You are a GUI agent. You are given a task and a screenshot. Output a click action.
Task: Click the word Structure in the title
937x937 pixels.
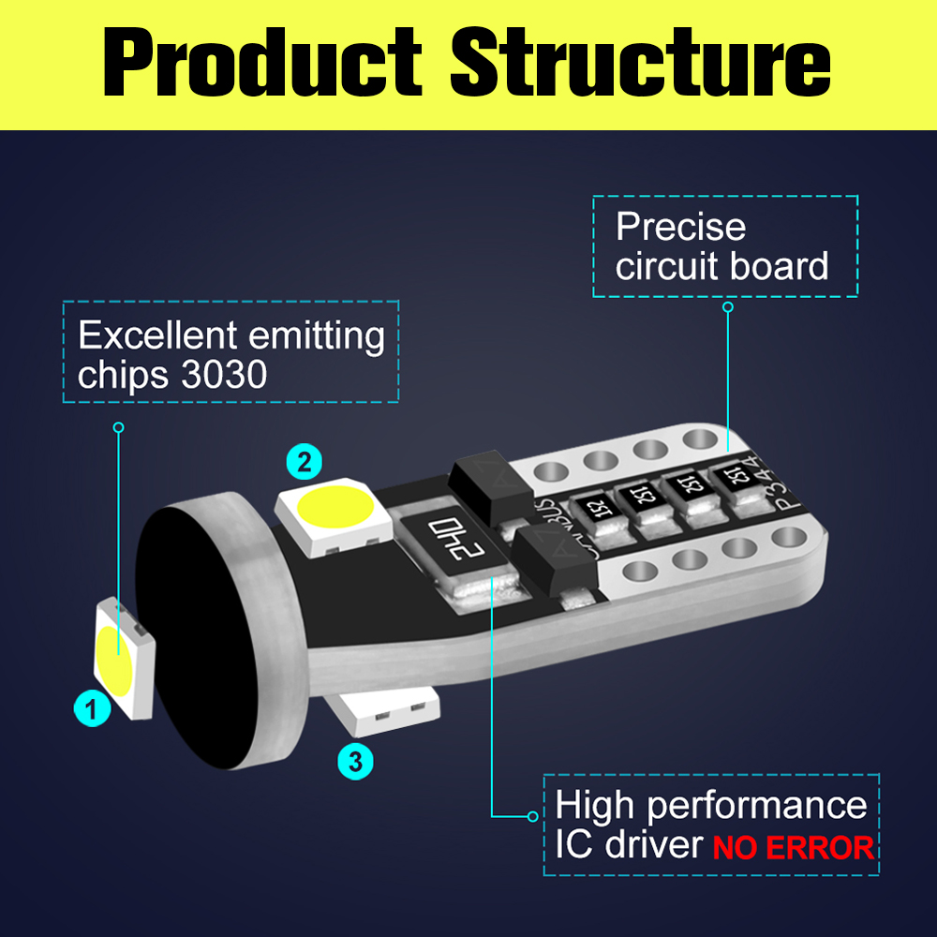tap(640, 63)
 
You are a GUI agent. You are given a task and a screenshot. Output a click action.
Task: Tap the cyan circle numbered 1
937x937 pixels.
tap(91, 709)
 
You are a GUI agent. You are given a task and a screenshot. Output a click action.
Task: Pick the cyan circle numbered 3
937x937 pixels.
tap(355, 761)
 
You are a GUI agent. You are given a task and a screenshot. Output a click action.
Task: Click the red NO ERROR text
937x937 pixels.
tap(793, 848)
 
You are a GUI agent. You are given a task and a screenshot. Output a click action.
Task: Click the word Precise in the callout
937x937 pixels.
tap(680, 227)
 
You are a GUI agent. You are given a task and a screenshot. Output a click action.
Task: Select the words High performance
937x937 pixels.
tap(711, 806)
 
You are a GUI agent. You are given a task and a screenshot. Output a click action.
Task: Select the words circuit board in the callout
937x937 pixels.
tap(721, 266)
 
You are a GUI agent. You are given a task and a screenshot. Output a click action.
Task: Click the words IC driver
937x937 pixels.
tap(628, 845)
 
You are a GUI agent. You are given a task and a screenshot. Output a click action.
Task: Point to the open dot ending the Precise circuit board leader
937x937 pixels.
tap(728, 307)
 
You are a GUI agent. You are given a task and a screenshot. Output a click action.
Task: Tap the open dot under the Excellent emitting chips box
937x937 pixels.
tap(118, 427)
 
